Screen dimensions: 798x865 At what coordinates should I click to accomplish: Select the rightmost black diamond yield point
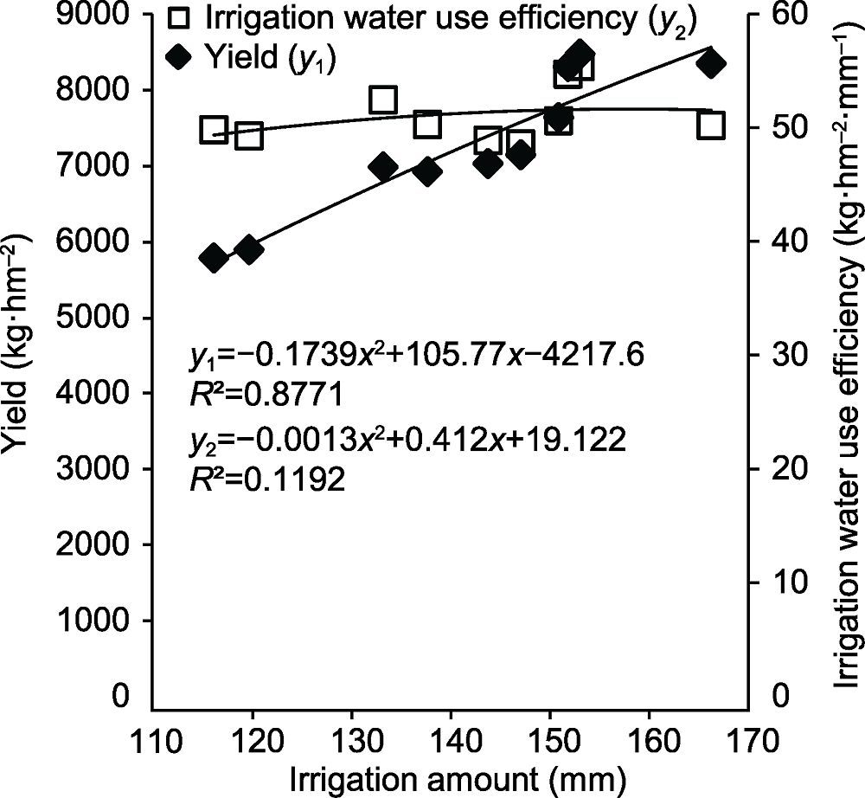[x=711, y=64]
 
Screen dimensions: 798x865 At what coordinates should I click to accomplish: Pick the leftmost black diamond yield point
[x=213, y=258]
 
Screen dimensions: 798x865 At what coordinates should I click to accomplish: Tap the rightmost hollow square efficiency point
[x=711, y=125]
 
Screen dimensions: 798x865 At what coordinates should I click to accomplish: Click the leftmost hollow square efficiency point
[x=213, y=130]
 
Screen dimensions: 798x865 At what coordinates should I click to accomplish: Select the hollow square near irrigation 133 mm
[x=382, y=100]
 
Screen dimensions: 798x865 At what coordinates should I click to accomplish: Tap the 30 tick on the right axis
[x=778, y=355]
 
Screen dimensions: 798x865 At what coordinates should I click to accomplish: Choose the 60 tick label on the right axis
[x=778, y=15]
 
